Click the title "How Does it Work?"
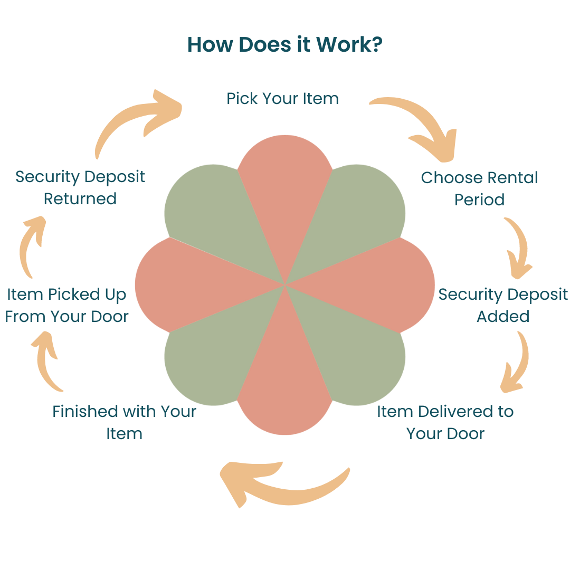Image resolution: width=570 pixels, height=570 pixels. [284, 45]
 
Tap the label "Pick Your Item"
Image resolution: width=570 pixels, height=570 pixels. [282, 98]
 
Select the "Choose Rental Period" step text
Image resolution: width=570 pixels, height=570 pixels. [479, 188]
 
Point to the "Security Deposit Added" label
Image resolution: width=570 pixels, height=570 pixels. [503, 305]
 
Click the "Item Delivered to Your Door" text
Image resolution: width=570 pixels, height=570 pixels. [445, 422]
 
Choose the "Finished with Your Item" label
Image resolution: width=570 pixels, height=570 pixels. [124, 422]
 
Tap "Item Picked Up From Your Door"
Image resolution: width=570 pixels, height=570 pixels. [66, 305]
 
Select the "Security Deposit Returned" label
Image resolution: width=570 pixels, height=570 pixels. [80, 187]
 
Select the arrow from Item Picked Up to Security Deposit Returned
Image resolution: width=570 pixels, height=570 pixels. [29, 245]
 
